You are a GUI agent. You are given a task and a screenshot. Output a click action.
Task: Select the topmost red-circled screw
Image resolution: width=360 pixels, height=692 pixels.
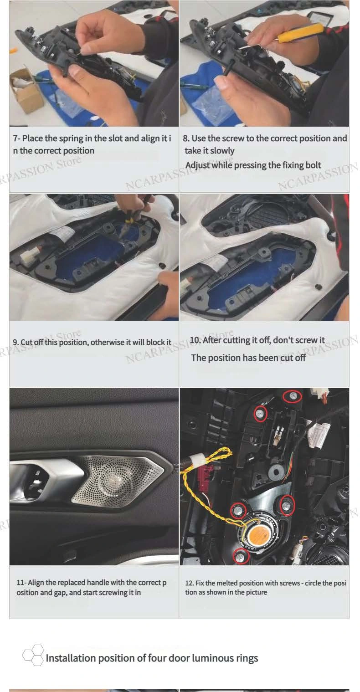[x=293, y=396]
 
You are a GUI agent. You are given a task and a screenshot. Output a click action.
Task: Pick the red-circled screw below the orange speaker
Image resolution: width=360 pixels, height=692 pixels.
[x=241, y=556]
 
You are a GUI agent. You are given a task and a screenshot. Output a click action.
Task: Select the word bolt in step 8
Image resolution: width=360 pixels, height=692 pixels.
[x=314, y=165]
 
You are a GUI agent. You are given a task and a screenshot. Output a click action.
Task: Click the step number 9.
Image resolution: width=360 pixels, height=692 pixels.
[x=16, y=342]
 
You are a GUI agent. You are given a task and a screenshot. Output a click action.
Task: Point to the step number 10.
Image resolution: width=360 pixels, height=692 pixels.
[x=195, y=340]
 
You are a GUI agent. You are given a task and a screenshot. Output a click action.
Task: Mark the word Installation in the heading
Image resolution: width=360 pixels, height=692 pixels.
[x=71, y=658]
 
